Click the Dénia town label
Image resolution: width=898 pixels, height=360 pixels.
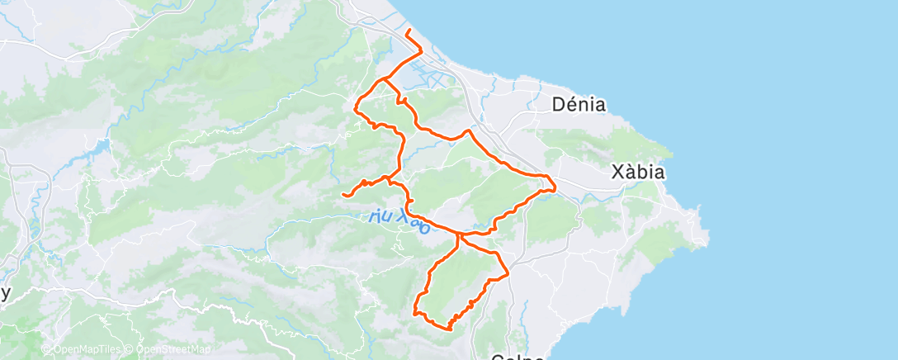(579, 105)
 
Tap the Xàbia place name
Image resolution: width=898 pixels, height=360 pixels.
(638, 173)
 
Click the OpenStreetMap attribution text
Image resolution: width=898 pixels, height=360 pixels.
(169, 350)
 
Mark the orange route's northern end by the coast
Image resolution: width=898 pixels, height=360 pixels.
(408, 31)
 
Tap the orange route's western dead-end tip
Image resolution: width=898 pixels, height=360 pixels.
(343, 194)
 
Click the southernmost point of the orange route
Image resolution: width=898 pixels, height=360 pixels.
(448, 329)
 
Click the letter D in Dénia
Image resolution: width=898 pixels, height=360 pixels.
(557, 105)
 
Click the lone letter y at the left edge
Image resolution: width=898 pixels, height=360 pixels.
(6, 294)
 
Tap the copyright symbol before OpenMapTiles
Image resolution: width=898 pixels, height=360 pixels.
(46, 350)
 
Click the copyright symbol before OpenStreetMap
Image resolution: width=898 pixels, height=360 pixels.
(130, 350)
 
